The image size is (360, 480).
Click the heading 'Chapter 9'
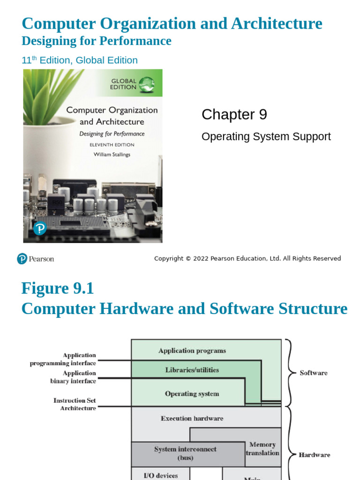234,114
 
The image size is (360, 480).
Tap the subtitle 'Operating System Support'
266,136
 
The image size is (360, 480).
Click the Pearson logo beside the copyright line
35,259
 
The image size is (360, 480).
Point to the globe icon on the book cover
146,84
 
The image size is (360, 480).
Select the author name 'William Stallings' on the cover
112,154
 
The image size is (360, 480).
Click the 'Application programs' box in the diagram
192,351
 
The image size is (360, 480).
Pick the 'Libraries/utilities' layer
192,370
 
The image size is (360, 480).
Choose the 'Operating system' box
192,394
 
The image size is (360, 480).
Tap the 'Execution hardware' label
192,418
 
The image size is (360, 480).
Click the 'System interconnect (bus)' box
185,453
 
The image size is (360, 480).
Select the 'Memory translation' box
262,449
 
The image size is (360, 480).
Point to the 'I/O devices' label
160,475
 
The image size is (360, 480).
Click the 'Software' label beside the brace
314,373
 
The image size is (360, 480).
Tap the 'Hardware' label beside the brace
314,455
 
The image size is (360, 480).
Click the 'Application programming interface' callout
63,360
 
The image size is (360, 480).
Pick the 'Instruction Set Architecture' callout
75,405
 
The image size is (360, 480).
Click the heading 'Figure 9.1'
57,288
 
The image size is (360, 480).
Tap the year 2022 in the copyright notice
201,259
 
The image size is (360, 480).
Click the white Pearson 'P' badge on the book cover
40,228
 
